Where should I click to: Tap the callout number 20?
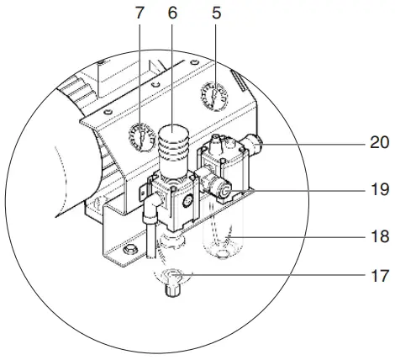(x=374, y=144)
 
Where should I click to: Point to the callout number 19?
(x=374, y=191)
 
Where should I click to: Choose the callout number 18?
(x=374, y=239)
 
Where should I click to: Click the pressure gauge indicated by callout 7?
(x=140, y=135)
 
